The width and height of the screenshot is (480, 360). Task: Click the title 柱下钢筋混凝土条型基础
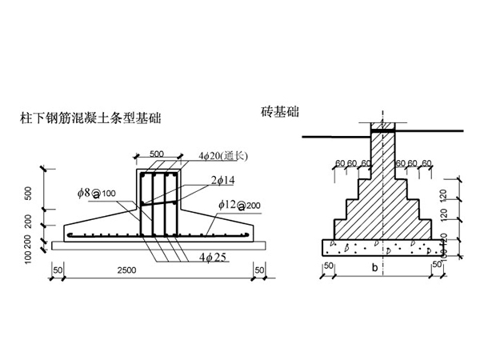click(x=90, y=118)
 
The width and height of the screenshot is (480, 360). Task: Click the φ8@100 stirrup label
click(x=97, y=193)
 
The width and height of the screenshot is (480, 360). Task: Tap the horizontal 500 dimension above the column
click(x=157, y=152)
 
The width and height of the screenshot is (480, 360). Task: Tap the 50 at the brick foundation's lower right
click(x=437, y=264)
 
